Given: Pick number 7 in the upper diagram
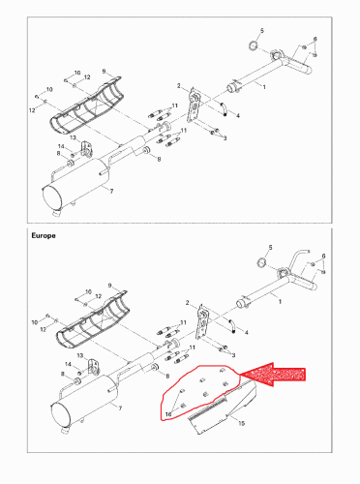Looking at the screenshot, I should (x=112, y=193).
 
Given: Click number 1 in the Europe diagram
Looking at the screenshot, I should (x=281, y=303).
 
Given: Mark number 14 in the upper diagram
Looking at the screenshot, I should (x=60, y=146).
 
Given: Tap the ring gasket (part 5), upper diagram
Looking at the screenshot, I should (x=251, y=45).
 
